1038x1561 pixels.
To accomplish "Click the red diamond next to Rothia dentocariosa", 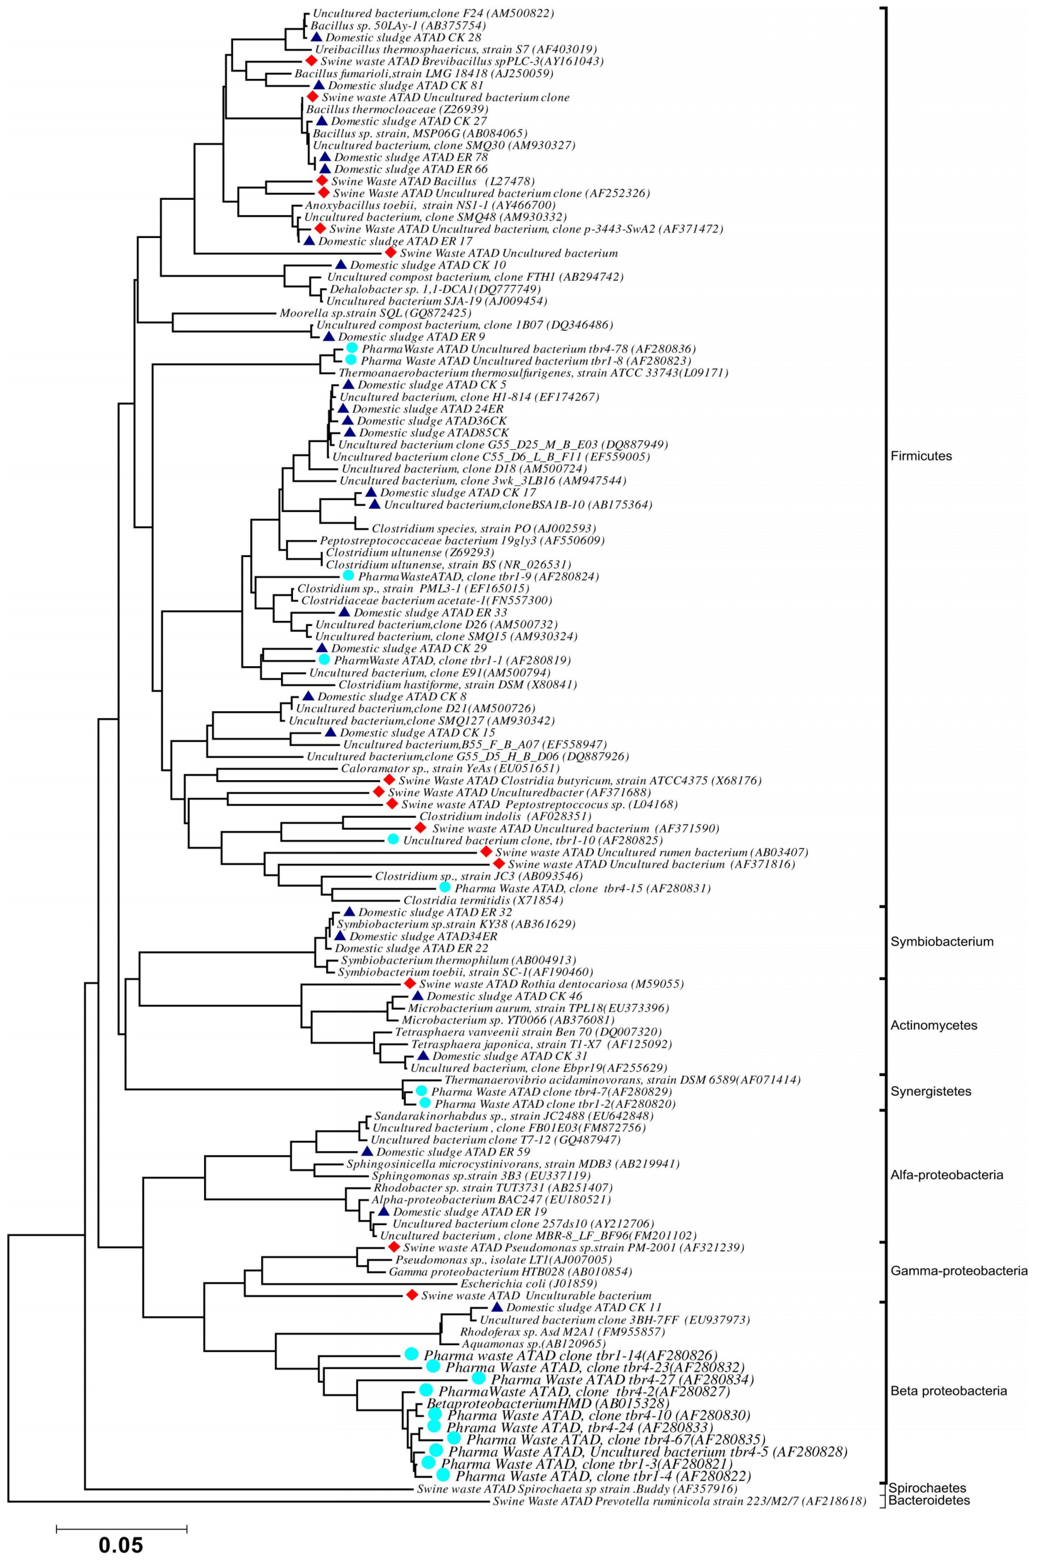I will tap(410, 984).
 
